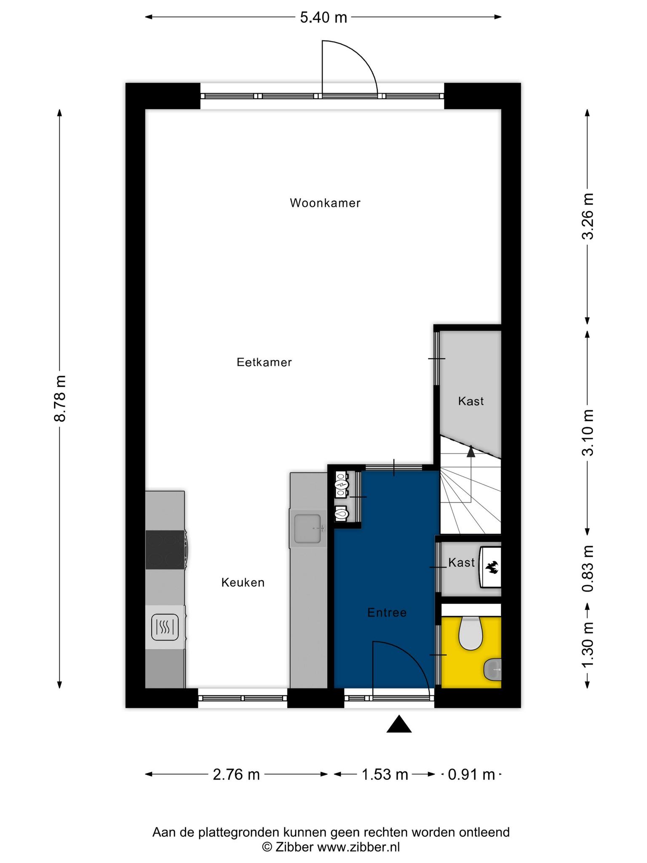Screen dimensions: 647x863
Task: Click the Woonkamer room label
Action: (325, 203)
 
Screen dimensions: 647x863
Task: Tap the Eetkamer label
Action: (264, 362)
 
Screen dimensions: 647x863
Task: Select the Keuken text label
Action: (243, 583)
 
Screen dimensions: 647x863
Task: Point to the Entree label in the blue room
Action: (387, 612)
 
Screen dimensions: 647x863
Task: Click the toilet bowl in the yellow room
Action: (470, 633)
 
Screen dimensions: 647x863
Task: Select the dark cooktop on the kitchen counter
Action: (165, 549)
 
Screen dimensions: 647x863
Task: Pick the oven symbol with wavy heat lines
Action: (165, 627)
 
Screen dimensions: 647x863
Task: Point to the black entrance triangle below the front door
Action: (399, 724)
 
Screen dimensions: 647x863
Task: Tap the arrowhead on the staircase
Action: (471, 452)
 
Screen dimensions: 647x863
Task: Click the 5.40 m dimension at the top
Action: (323, 17)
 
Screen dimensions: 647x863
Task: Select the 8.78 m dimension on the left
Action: (60, 398)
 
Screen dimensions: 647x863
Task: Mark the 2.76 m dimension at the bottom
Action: (236, 774)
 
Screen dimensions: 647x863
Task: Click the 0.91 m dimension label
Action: (471, 774)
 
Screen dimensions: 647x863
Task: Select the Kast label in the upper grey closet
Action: (471, 401)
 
